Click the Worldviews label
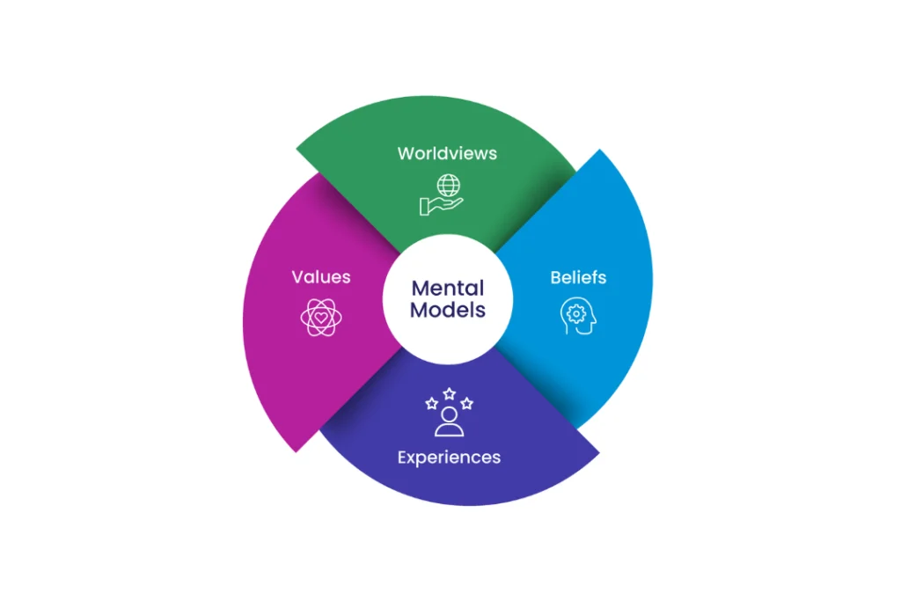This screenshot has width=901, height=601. tap(447, 153)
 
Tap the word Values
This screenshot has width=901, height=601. tap(321, 277)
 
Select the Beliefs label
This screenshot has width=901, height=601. tap(578, 278)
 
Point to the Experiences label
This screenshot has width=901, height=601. tap(449, 458)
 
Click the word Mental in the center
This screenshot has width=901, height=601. tap(448, 289)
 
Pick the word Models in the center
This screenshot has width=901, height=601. tap(448, 311)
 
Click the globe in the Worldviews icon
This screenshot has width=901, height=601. tap(449, 187)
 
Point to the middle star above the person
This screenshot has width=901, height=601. tap(449, 393)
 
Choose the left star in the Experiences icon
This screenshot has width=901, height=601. tap(431, 404)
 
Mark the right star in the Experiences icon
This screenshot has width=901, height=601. tap(466, 404)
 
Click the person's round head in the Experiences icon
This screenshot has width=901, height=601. tap(449, 413)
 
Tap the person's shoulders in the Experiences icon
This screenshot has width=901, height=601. tap(449, 429)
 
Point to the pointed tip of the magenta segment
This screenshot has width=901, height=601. tap(297, 451)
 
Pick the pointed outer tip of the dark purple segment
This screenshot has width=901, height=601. tap(597, 452)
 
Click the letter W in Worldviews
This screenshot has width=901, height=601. tap(405, 153)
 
